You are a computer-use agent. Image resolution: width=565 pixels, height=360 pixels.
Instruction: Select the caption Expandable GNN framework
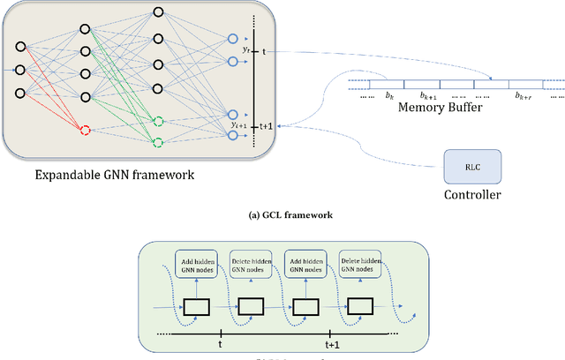pos(114,175)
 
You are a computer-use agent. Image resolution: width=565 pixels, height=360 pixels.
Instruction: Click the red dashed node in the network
pos(85,131)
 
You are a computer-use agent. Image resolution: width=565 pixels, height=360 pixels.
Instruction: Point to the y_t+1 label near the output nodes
pos(237,125)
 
